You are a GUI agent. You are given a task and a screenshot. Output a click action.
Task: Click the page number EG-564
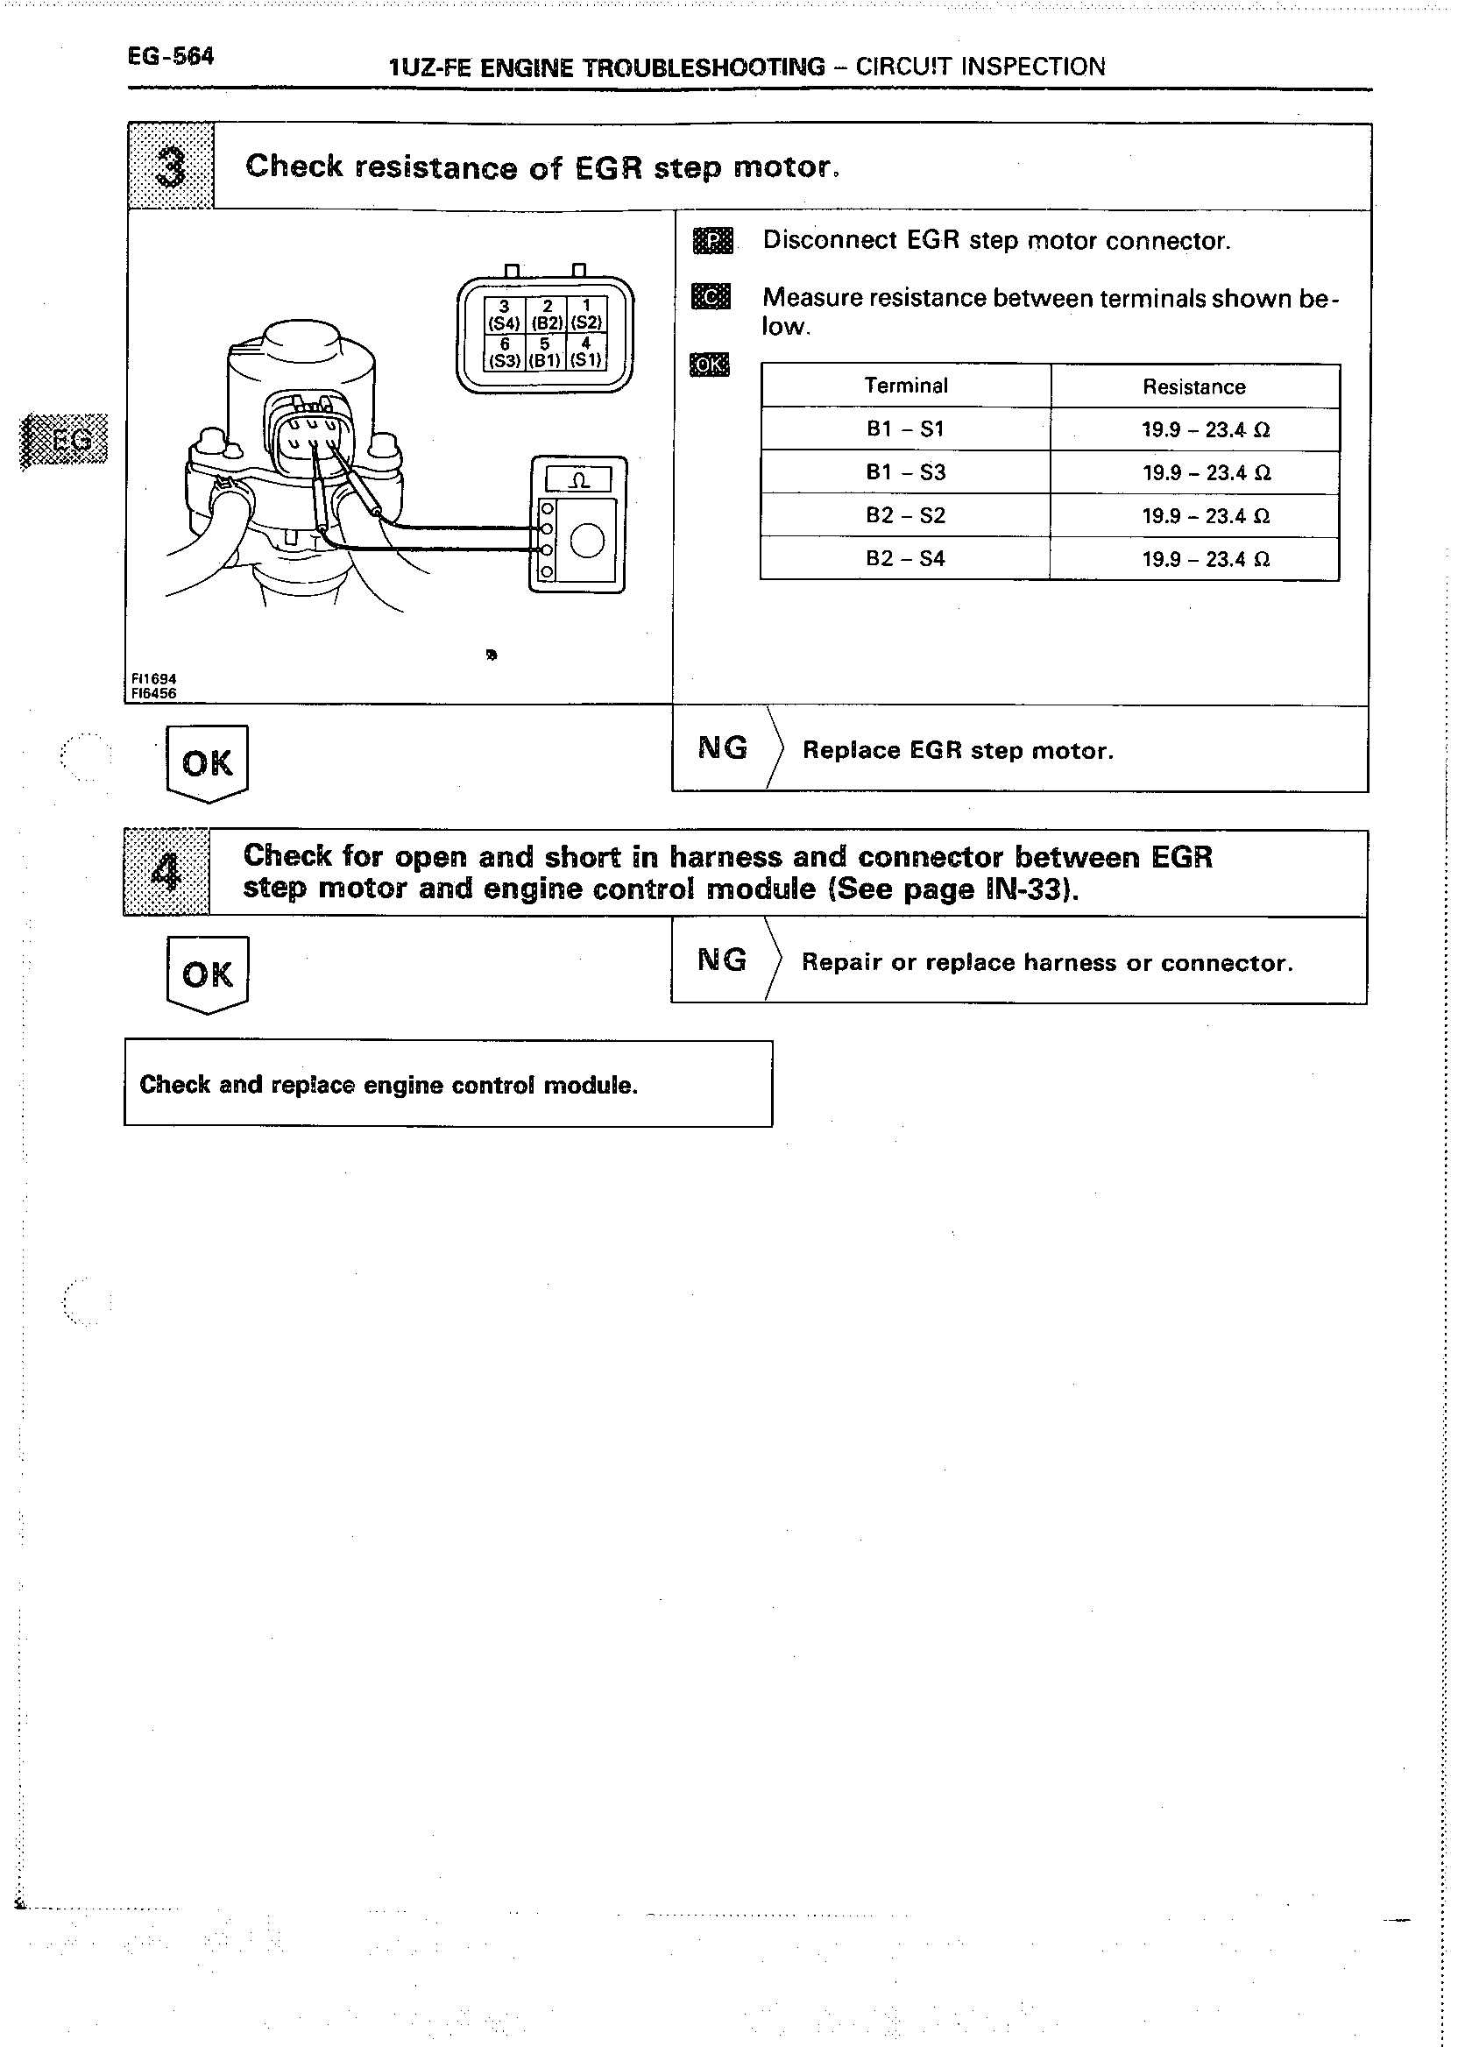coord(171,57)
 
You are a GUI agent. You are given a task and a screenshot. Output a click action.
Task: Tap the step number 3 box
coord(171,167)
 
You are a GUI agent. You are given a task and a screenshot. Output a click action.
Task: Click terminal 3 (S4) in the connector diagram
coord(505,315)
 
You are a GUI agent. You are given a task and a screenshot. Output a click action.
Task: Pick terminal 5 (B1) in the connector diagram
coord(545,353)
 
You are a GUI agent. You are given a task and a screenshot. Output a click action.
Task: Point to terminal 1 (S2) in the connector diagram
coord(586,315)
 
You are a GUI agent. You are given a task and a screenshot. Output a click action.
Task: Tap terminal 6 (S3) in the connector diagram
coord(505,353)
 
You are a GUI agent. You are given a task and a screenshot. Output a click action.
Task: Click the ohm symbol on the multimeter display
coord(580,480)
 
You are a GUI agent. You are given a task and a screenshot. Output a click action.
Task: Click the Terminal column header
coord(906,386)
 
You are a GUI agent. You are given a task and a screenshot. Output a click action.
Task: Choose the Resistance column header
coord(1194,387)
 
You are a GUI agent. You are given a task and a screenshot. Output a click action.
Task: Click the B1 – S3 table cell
coord(906,472)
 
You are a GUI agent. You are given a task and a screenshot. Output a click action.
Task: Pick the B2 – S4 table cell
coord(906,558)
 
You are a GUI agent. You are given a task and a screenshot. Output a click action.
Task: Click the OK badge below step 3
coord(208,763)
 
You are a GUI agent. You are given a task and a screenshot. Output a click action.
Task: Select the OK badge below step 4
coord(208,975)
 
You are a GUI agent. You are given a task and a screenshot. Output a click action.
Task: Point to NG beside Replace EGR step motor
coord(723,747)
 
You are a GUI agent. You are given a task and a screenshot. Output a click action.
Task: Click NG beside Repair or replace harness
coord(722,960)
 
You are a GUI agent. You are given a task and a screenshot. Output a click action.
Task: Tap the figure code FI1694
coord(153,680)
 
